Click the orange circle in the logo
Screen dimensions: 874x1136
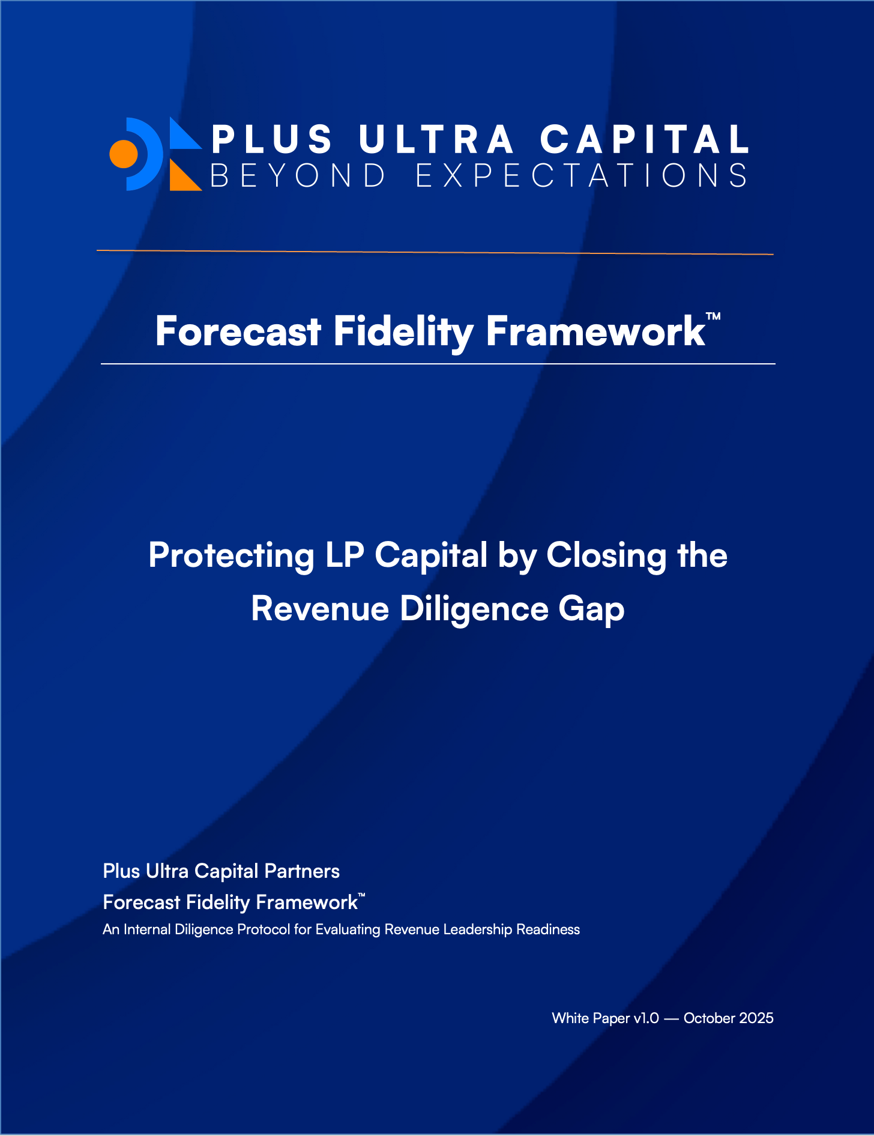124,154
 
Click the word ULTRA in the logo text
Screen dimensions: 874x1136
436,139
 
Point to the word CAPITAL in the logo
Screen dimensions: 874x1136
645,139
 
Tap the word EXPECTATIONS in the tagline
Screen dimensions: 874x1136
582,175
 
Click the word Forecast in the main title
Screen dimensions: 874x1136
238,331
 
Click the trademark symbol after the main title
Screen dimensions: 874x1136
713,316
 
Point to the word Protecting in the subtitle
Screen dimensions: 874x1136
231,556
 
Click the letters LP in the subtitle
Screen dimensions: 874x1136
345,555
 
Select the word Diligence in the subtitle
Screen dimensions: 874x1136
474,609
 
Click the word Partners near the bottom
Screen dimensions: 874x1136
302,871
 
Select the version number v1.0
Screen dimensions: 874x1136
646,1018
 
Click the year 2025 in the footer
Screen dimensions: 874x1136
756,1018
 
